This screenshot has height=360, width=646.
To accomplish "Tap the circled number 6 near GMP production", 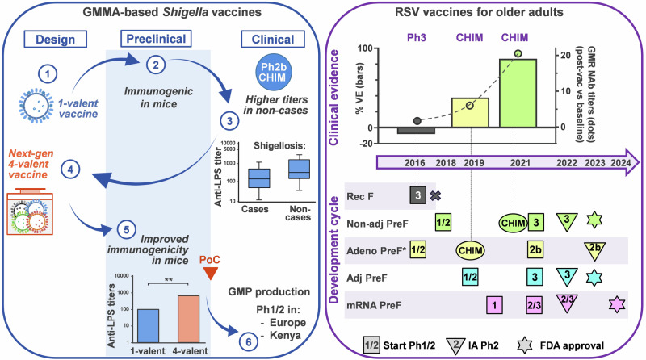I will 237,331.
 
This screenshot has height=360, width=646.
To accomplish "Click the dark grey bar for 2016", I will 417,131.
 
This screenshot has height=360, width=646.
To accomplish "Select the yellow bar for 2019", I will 469,112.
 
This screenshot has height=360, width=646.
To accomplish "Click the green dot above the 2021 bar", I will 518,54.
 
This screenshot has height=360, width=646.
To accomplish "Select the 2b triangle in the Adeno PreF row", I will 596,249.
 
